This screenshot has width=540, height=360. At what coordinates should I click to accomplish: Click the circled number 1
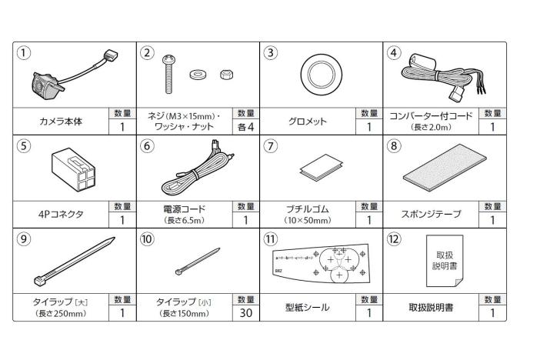(x=23, y=53)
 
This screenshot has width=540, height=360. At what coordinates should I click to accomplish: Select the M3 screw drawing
(x=168, y=74)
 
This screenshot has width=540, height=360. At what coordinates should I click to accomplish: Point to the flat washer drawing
(x=198, y=74)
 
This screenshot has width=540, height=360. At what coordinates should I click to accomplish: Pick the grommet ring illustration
(x=321, y=75)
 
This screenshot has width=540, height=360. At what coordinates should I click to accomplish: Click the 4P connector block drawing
(x=73, y=169)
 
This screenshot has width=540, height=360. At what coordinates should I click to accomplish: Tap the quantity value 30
(x=246, y=313)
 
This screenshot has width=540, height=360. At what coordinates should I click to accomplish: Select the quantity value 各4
(x=246, y=127)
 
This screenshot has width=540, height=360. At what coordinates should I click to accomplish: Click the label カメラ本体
(x=61, y=122)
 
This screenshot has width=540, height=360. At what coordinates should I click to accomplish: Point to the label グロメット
(x=307, y=122)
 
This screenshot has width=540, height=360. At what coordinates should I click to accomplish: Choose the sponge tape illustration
(x=445, y=168)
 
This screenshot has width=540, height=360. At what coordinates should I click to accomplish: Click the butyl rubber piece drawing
(x=321, y=167)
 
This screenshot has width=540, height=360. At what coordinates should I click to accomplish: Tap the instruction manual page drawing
(x=445, y=261)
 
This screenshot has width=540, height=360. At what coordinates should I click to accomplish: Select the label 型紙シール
(x=307, y=307)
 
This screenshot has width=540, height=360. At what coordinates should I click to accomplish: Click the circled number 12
(x=394, y=239)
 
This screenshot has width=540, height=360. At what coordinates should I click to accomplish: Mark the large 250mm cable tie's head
(x=40, y=281)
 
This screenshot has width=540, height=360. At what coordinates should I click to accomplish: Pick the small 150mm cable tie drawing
(x=198, y=262)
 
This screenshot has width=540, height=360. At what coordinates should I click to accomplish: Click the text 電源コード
(x=184, y=209)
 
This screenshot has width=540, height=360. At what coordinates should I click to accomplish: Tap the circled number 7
(x=270, y=146)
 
